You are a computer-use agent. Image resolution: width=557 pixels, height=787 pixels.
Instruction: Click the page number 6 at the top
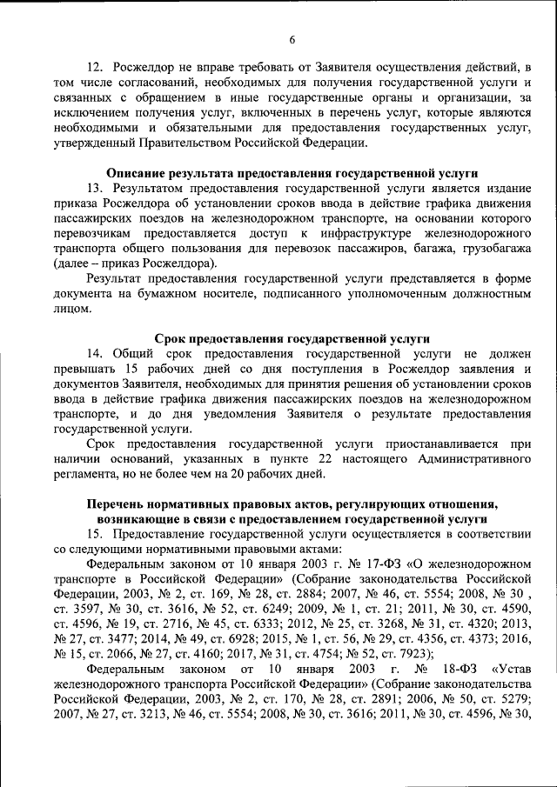292,38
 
